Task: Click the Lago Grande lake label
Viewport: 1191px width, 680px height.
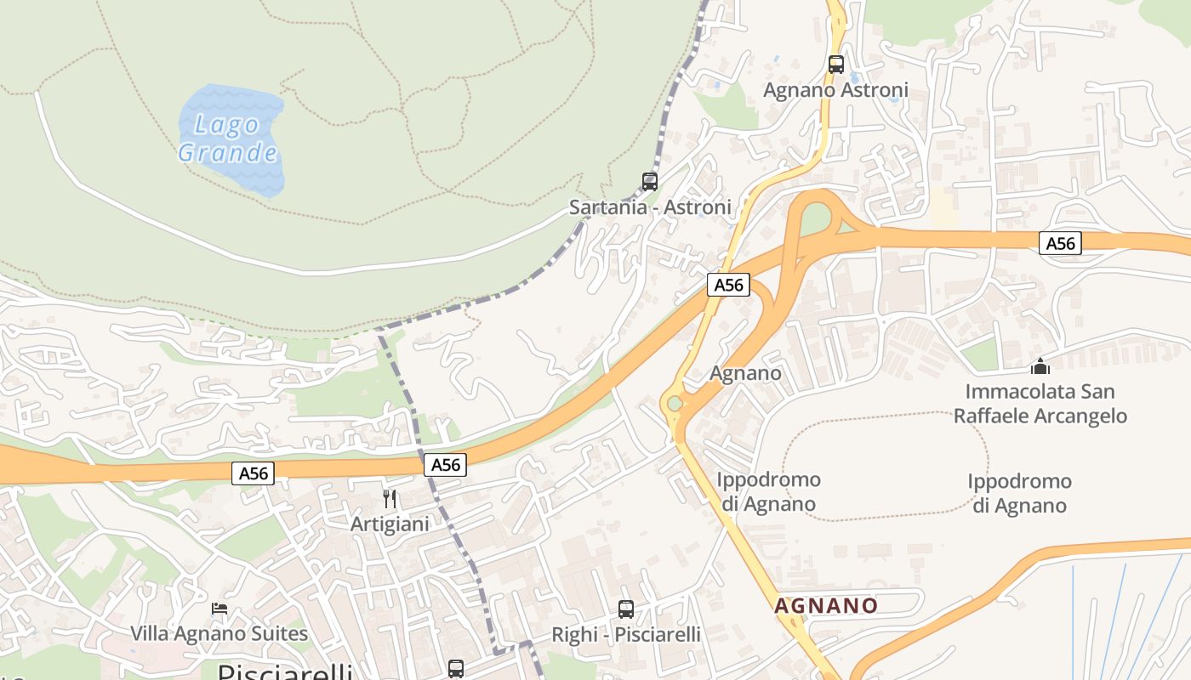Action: [228, 139]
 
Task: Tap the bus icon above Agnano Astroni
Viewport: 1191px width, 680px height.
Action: [836, 64]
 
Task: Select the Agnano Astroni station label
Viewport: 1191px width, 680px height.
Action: [835, 89]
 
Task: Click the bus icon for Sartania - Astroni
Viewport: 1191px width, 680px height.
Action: [650, 181]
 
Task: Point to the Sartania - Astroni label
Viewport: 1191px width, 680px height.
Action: [650, 207]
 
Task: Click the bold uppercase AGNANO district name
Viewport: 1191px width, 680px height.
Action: [825, 605]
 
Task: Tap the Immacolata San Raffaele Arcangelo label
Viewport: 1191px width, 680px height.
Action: [1040, 404]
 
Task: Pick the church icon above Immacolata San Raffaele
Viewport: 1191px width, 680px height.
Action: [1040, 366]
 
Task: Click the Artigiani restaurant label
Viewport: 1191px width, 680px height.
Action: [390, 524]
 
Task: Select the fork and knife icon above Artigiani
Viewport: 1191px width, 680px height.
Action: [390, 498]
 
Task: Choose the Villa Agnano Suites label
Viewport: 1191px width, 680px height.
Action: [219, 633]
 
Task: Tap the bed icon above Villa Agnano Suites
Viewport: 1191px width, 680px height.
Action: [219, 608]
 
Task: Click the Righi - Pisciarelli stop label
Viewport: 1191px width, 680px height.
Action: [626, 634]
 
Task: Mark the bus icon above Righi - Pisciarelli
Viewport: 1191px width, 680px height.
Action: [626, 609]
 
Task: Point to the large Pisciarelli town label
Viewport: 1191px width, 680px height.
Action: [285, 671]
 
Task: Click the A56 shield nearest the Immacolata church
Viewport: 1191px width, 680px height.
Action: [1060, 244]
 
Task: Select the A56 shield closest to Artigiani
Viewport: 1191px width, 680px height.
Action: [445, 464]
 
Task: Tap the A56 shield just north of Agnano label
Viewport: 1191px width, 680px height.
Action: [728, 285]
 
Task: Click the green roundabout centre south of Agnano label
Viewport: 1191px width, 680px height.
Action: [675, 404]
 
